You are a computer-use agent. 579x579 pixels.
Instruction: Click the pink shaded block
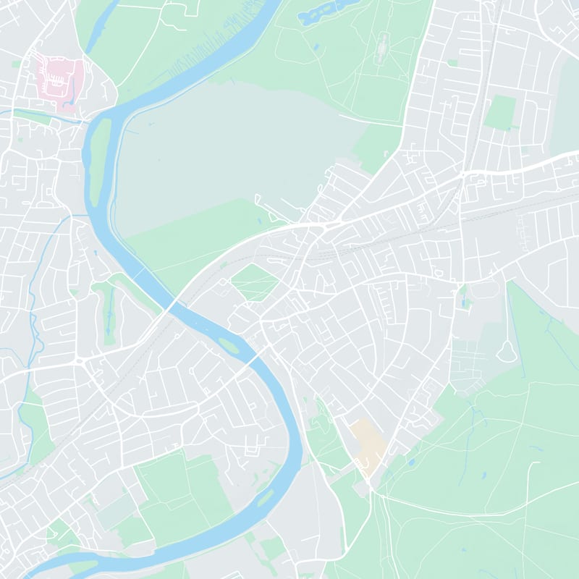click(x=60, y=78)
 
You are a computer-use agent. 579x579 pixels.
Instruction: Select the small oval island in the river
click(x=229, y=345)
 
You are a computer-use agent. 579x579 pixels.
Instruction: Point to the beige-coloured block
click(x=368, y=445)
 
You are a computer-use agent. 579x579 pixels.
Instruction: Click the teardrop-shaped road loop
click(x=506, y=351)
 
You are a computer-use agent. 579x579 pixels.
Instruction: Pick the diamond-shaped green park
click(x=255, y=282)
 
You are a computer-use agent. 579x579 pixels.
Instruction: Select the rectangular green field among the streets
click(x=499, y=112)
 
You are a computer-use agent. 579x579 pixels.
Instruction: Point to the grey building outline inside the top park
click(x=381, y=45)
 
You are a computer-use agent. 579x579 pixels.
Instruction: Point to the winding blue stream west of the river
click(x=33, y=289)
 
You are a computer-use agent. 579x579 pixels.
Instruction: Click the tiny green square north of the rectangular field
click(x=453, y=64)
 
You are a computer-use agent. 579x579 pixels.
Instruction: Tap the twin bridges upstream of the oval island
click(x=171, y=304)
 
